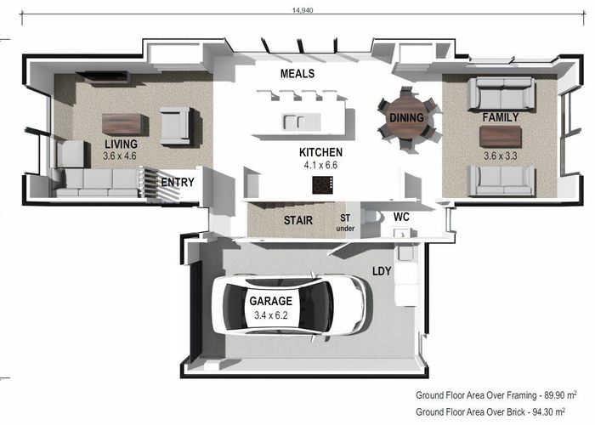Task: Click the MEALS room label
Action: pyautogui.click(x=297, y=74)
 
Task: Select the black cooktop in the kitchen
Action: pyautogui.click(x=322, y=185)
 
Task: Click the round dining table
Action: pyautogui.click(x=406, y=117)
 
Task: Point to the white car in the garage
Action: pyautogui.click(x=289, y=304)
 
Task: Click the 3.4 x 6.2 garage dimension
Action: pyautogui.click(x=271, y=315)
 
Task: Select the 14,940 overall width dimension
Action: pyautogui.click(x=303, y=10)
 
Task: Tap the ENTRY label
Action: pyautogui.click(x=178, y=183)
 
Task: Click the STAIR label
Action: pyautogui.click(x=298, y=220)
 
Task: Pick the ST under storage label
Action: pyautogui.click(x=345, y=223)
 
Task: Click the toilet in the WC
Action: pyautogui.click(x=371, y=218)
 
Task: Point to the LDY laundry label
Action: pyautogui.click(x=382, y=271)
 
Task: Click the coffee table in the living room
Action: pyautogui.click(x=124, y=124)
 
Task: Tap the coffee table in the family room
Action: pyautogui.click(x=501, y=137)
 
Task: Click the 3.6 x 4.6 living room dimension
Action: pyautogui.click(x=120, y=156)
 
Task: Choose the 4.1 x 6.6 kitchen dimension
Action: pyautogui.click(x=320, y=166)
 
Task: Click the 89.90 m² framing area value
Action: pyautogui.click(x=561, y=395)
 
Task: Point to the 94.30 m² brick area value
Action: pyautogui.click(x=549, y=411)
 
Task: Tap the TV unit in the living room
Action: pyautogui.click(x=103, y=77)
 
